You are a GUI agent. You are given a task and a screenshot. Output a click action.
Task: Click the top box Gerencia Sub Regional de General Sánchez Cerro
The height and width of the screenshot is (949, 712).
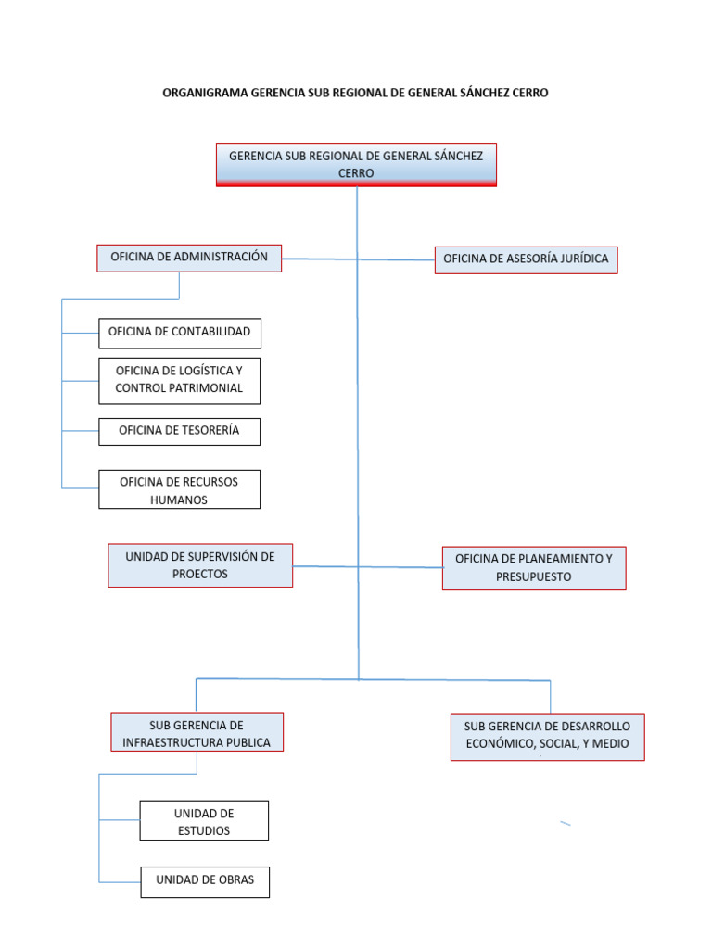[356, 165]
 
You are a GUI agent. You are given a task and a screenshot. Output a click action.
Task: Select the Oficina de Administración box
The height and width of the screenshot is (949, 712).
[189, 258]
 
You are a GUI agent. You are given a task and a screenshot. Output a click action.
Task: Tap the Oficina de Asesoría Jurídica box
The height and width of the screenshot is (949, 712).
[526, 259]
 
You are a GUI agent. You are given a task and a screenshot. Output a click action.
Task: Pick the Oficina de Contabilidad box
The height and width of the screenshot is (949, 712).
[180, 332]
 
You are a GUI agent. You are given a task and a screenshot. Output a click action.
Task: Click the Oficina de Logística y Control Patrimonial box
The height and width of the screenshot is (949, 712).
[179, 380]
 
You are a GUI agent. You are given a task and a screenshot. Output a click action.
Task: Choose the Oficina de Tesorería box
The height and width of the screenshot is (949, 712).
[179, 431]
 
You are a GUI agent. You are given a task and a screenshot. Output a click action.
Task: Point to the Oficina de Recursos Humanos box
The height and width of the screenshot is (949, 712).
[179, 489]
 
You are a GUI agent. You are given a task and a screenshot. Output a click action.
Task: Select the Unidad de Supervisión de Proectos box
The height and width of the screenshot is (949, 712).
[200, 565]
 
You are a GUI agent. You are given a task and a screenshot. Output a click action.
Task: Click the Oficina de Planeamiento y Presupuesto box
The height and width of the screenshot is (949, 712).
[533, 567]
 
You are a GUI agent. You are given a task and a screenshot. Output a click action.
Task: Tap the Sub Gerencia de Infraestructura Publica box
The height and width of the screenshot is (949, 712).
[197, 732]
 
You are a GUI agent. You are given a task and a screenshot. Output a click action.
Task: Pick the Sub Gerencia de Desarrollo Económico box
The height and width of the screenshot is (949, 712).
[547, 736]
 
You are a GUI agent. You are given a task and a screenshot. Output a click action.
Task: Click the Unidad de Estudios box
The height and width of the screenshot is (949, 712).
[204, 821]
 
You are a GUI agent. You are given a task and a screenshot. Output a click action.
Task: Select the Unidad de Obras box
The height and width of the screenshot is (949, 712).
[205, 881]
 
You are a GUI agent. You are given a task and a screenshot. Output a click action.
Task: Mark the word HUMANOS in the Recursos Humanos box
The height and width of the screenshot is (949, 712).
[179, 500]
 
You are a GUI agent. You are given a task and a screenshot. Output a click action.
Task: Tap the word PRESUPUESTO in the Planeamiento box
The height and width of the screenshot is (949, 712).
[533, 576]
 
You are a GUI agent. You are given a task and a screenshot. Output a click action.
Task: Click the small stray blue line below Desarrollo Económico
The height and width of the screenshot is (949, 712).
[565, 823]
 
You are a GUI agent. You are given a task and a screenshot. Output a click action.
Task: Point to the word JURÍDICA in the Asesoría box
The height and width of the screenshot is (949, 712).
[580, 259]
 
